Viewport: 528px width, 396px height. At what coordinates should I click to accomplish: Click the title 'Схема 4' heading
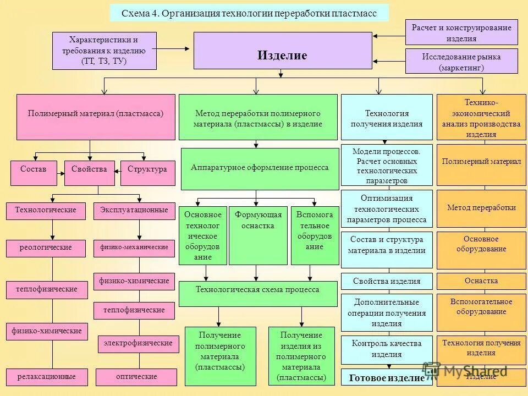pyautogui.click(x=249, y=13)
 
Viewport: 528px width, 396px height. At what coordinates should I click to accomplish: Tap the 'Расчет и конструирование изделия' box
pyautogui.click(x=461, y=32)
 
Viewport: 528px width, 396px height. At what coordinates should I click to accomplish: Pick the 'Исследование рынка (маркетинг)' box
pyautogui.click(x=461, y=62)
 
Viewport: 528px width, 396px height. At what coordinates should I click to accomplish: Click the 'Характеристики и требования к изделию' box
pyautogui.click(x=104, y=51)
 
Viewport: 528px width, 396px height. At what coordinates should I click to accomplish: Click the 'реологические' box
pyautogui.click(x=46, y=248)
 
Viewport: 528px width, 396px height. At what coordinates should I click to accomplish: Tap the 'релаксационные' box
pyautogui.click(x=46, y=377)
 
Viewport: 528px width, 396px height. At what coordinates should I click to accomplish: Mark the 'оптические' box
pyautogui.click(x=136, y=377)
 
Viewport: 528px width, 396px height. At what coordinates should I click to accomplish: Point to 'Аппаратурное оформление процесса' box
pyautogui.click(x=260, y=168)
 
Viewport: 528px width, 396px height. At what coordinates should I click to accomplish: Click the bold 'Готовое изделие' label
pyautogui.click(x=387, y=378)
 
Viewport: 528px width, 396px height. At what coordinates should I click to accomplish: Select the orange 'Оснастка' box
pyautogui.click(x=481, y=281)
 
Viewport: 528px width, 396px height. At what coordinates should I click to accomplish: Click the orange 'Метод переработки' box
pyautogui.click(x=481, y=208)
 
